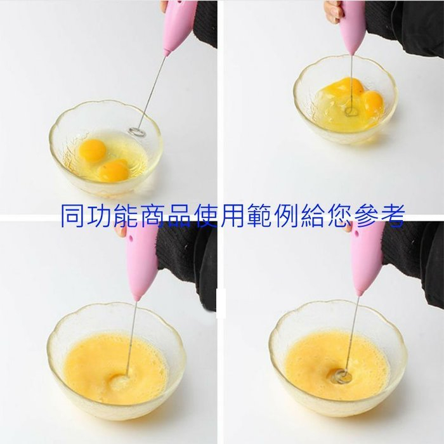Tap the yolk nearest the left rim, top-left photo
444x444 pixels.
click(x=93, y=150)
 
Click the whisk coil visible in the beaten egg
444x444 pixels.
click(x=342, y=377)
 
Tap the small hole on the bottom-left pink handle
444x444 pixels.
click(x=131, y=239)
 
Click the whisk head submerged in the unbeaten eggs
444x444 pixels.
click(x=352, y=111)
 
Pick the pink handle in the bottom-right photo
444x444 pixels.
click(x=367, y=258)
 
